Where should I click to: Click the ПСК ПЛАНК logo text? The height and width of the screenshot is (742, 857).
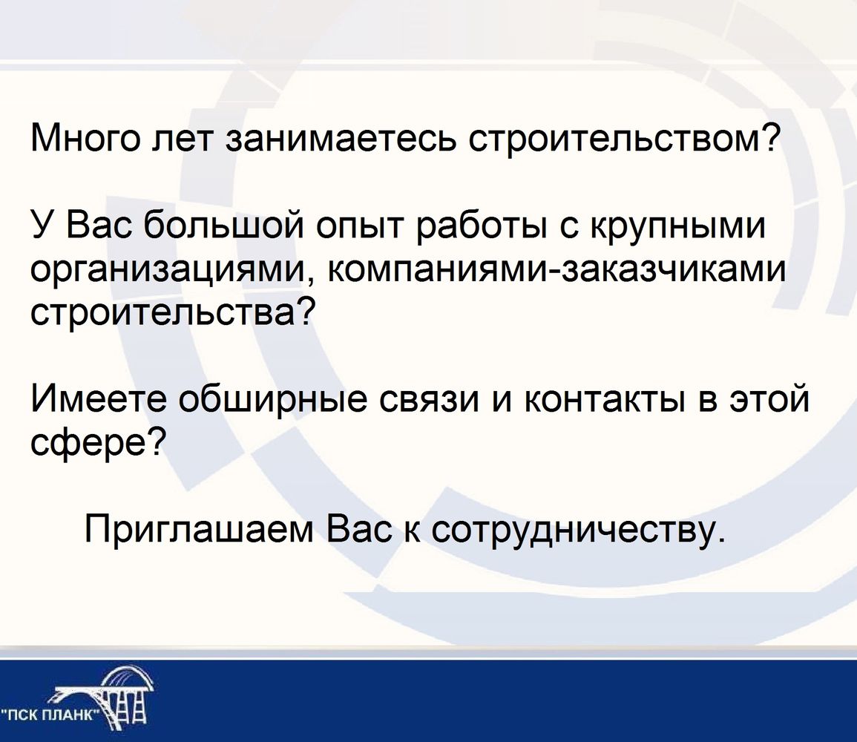coord(52,716)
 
